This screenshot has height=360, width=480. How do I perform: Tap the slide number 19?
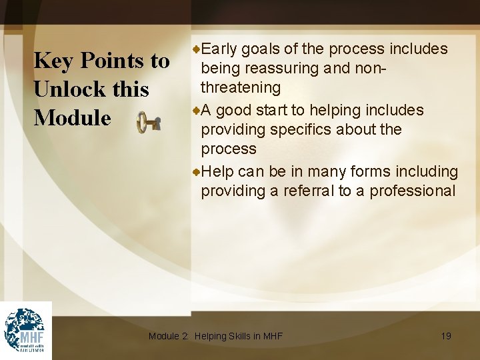(x=446, y=336)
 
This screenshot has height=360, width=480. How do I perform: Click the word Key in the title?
(x=53, y=61)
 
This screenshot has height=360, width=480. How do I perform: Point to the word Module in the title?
(x=73, y=117)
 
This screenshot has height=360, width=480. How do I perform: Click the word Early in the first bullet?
(x=219, y=49)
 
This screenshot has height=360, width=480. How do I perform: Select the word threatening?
(x=241, y=87)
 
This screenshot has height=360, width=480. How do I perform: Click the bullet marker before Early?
(x=196, y=49)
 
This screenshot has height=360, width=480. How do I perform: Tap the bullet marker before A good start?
(x=196, y=110)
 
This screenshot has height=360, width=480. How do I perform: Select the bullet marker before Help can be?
(x=196, y=171)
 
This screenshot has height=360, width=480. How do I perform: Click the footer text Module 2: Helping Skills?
(x=215, y=336)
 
